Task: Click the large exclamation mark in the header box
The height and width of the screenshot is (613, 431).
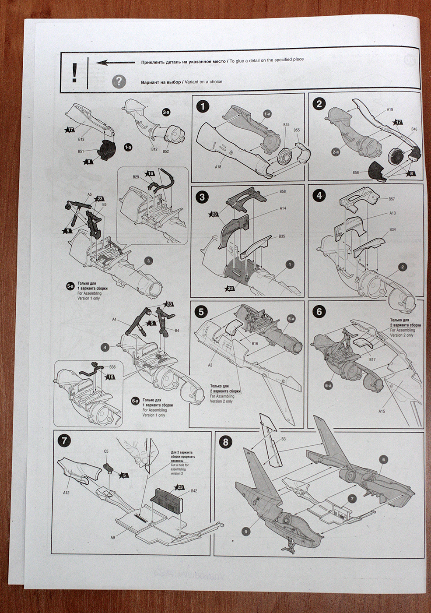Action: [x=74, y=72]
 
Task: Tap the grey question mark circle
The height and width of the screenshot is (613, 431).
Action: [x=119, y=81]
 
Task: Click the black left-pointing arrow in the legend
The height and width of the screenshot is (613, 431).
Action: [x=115, y=62]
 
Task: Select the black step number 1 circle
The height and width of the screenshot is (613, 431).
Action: [x=203, y=106]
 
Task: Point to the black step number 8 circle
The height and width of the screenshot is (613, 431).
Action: [x=225, y=442]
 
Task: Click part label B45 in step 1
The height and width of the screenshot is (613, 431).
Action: [x=286, y=125]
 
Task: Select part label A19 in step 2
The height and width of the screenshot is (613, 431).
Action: [x=389, y=110]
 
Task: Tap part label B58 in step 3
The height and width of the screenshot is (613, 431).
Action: [x=283, y=191]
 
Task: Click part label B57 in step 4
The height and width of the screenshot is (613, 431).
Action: [x=391, y=199]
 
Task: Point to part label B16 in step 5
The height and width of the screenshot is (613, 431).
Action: [x=255, y=343]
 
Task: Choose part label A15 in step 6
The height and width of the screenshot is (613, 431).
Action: [x=382, y=412]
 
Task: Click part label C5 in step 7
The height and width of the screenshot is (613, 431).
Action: [x=106, y=451]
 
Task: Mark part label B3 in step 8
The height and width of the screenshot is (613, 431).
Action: [x=284, y=439]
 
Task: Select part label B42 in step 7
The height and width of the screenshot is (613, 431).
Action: [x=193, y=491]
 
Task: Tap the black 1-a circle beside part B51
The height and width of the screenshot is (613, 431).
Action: [x=128, y=148]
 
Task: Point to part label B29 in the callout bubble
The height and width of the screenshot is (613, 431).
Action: [x=136, y=177]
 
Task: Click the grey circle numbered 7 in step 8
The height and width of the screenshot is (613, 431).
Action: [x=352, y=499]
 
